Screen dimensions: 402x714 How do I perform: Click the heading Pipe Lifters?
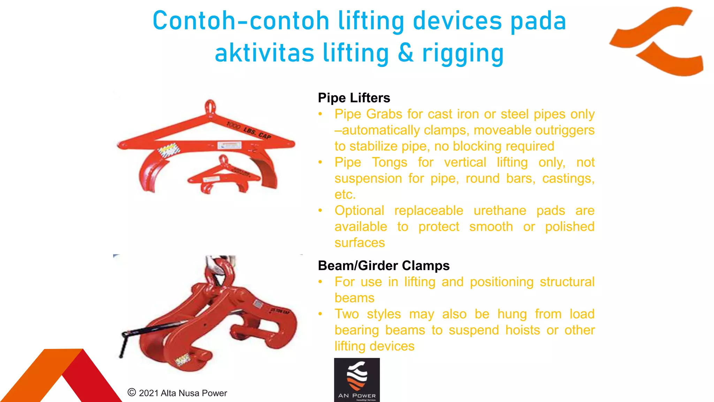[x=354, y=98]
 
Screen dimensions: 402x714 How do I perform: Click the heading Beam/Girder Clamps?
[x=383, y=266]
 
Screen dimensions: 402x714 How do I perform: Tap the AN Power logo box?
[x=357, y=380]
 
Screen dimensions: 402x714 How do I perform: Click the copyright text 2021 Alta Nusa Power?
[x=178, y=393]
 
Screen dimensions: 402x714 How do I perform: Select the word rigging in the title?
[x=463, y=53]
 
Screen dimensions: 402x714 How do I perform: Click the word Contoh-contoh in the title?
[x=241, y=21]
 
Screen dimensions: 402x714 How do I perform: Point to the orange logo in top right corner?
[x=657, y=40]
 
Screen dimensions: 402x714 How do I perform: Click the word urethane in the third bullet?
[x=500, y=211]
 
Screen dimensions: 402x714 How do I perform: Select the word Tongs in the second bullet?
[x=389, y=163]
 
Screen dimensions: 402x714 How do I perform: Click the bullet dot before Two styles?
[x=320, y=314]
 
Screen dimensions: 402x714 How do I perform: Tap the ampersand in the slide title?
[x=405, y=53]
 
